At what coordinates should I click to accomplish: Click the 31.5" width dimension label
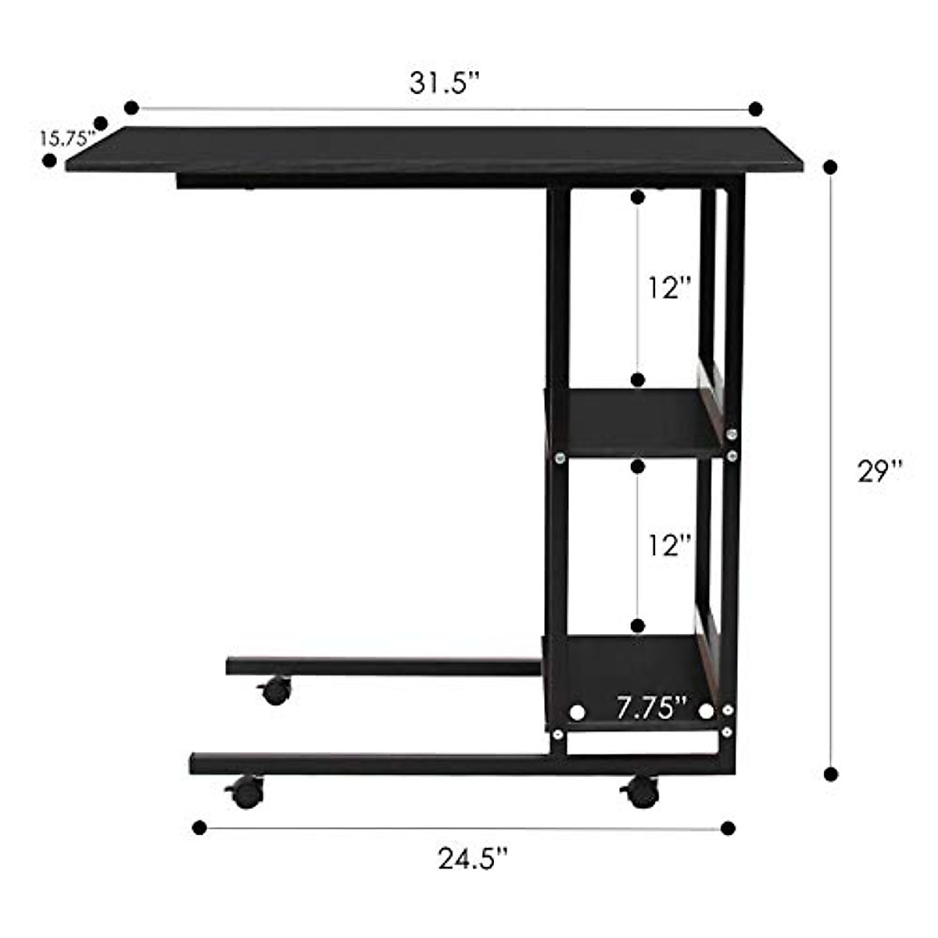coord(443,83)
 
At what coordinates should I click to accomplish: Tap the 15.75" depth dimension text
coord(67,138)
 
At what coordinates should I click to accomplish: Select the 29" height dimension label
coord(879,471)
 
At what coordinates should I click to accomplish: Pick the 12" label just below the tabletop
coord(670,288)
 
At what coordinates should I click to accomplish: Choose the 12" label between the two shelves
coord(670,545)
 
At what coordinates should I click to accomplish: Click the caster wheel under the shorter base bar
coord(275,691)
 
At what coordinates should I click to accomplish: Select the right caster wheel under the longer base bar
coord(642,792)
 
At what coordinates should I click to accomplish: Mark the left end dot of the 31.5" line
coord(131,107)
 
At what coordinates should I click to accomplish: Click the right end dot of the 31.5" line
coord(755,108)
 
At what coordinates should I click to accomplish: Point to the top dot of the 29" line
coord(830,166)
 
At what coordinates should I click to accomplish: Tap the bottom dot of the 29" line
coord(831,774)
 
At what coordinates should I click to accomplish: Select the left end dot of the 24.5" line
coord(199,827)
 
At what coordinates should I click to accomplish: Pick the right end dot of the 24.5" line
coord(729,828)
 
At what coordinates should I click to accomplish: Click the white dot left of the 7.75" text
coord(578,712)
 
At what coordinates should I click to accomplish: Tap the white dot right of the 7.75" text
coord(707,711)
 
